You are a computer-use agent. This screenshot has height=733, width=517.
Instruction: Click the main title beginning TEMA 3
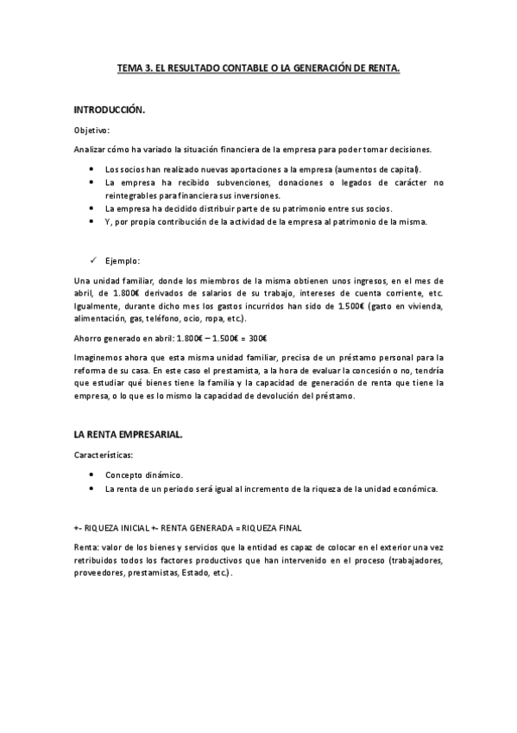pos(258,67)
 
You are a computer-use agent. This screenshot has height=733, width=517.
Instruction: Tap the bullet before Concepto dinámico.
pos(91,475)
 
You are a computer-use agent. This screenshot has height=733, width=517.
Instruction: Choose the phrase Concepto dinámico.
pos(144,475)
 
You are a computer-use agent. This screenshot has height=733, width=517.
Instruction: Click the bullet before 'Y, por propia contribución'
pos(91,222)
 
